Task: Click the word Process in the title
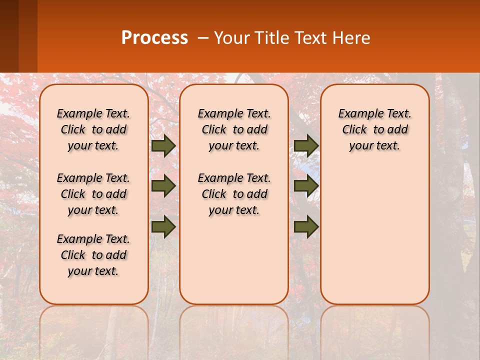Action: point(154,38)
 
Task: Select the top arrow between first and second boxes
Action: point(163,146)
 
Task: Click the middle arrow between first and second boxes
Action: point(163,186)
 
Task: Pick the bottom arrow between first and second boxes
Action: point(163,226)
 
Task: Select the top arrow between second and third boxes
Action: point(306,146)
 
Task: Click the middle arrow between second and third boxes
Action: point(306,186)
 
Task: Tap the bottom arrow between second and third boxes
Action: point(306,226)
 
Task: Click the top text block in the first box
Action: point(93,129)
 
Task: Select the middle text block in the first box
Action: point(93,194)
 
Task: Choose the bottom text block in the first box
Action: point(93,255)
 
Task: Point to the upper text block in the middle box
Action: point(234,129)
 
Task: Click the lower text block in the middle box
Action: point(234,194)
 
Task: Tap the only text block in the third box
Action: point(374,129)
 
